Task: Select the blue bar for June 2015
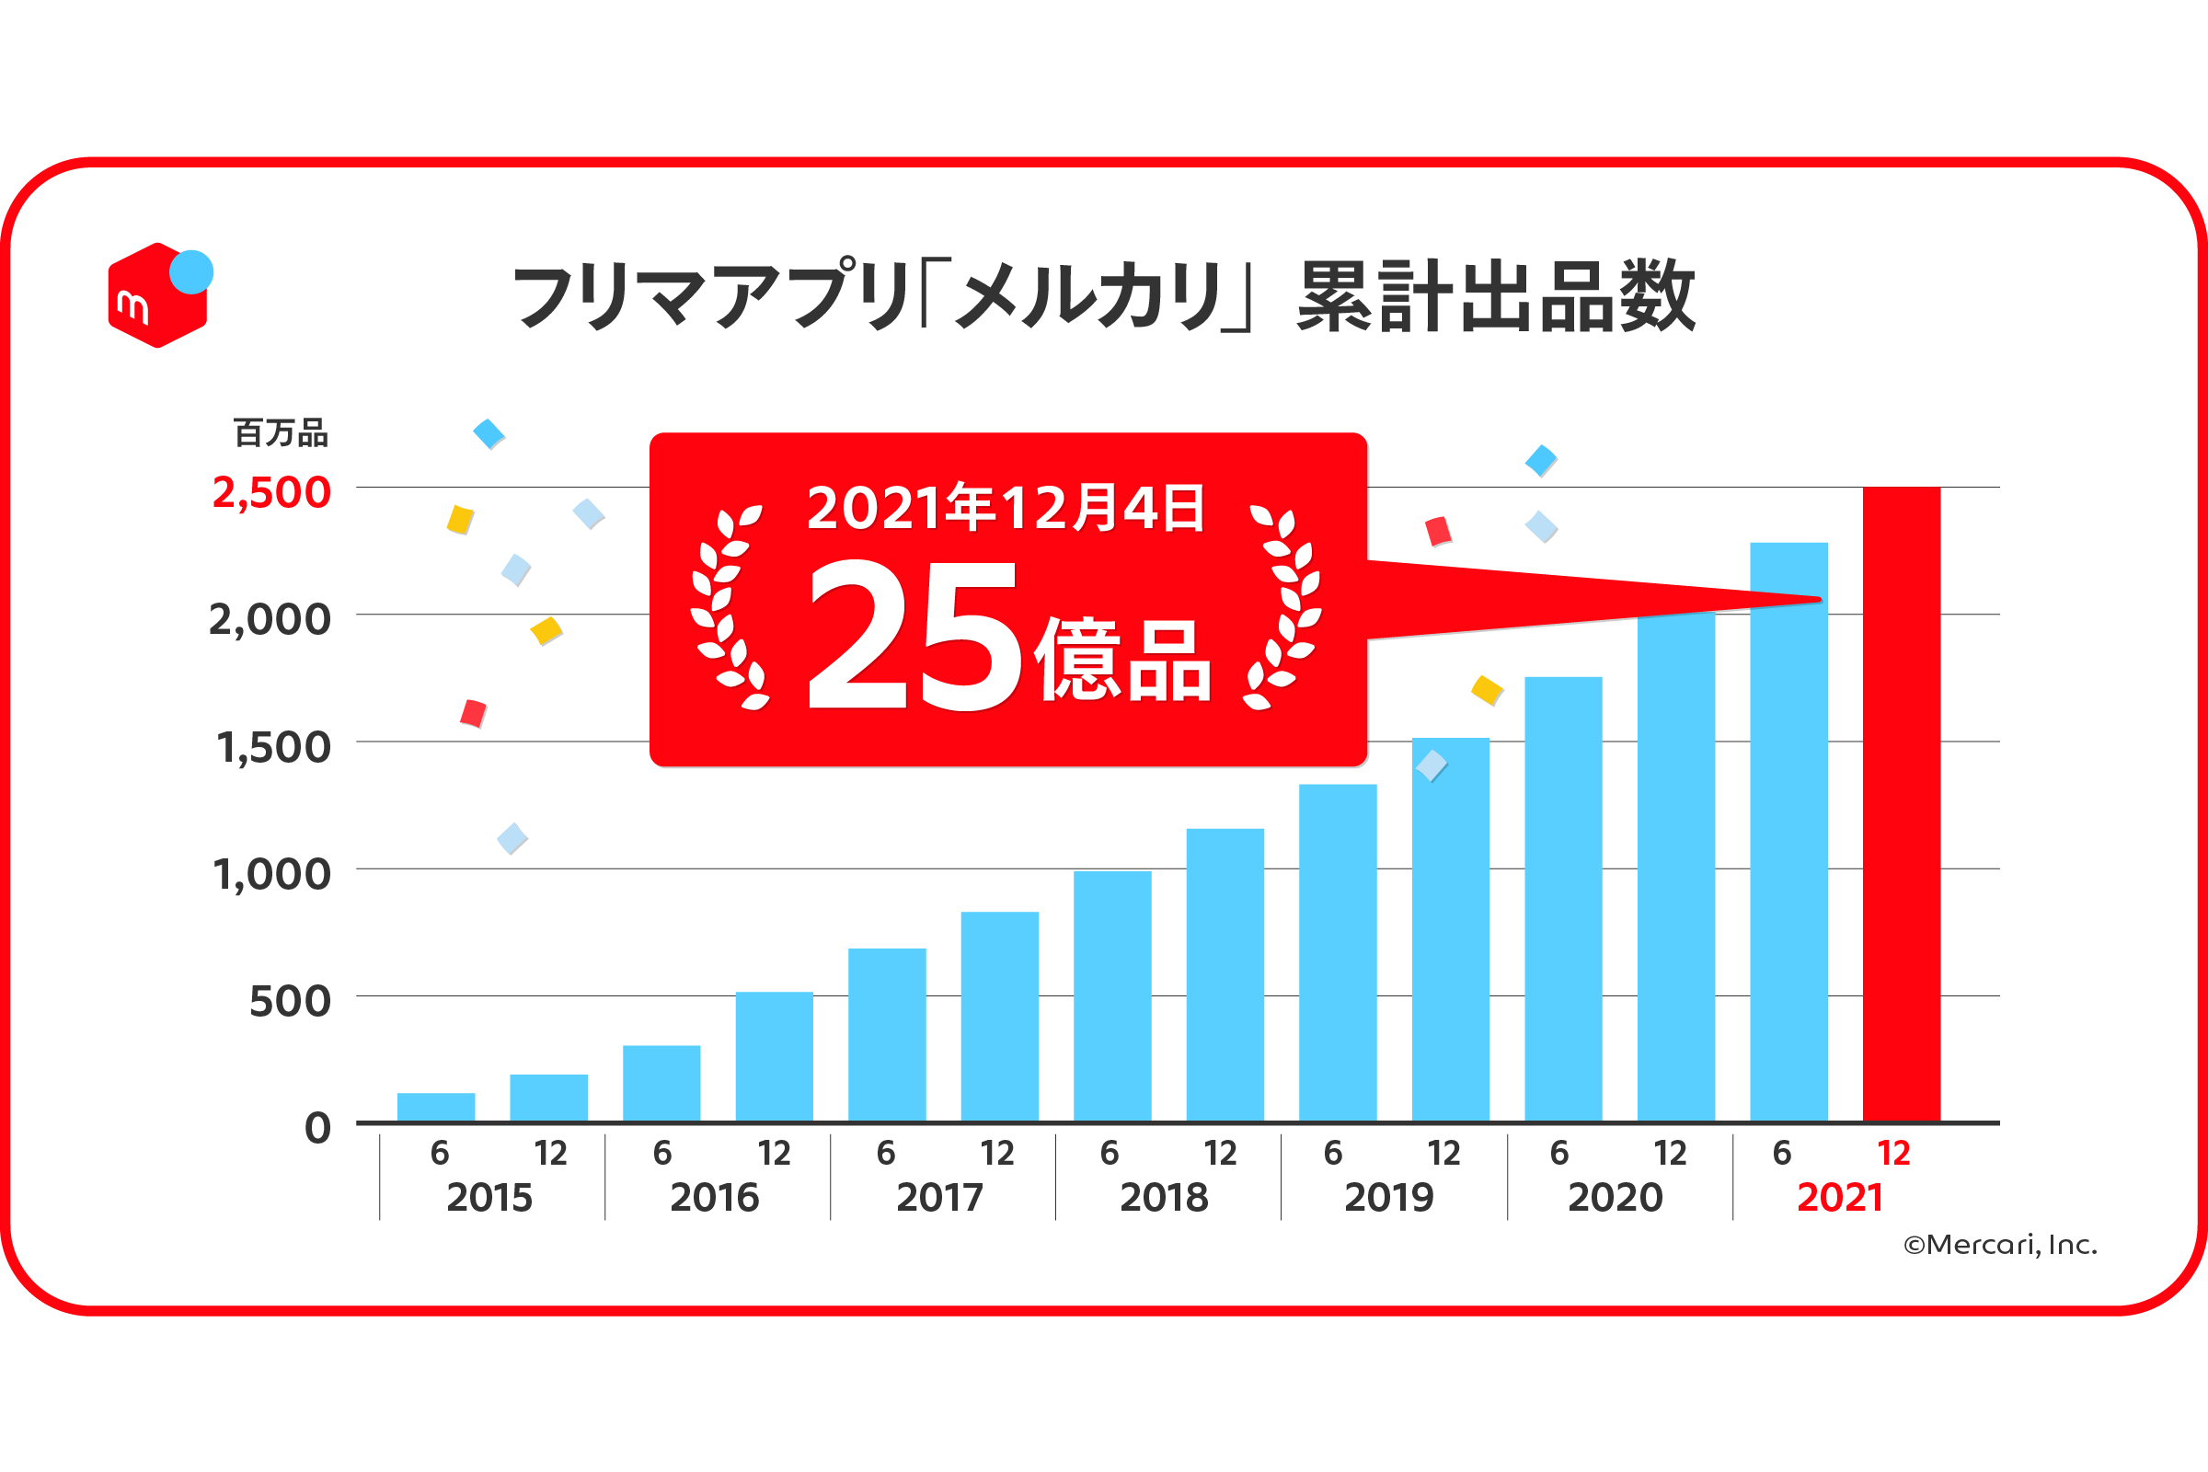point(435,1107)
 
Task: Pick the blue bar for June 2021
point(1788,845)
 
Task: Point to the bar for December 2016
point(775,1056)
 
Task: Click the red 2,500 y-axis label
point(271,493)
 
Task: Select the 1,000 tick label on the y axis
point(272,875)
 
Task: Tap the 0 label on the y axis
point(317,1128)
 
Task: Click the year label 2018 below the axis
point(1164,1198)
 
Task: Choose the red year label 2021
point(1840,1198)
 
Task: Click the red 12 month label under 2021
point(1893,1153)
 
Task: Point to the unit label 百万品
point(281,432)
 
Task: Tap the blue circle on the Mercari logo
point(191,272)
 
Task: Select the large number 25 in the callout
point(913,636)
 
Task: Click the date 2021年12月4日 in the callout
point(1005,508)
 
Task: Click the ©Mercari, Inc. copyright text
point(1999,1245)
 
